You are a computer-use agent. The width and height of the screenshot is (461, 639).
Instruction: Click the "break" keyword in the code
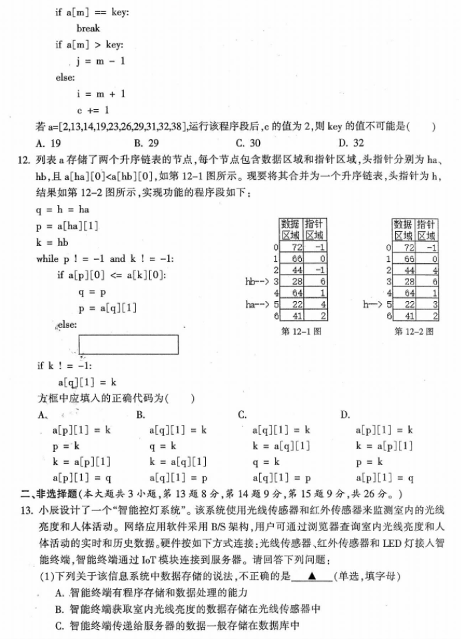88,29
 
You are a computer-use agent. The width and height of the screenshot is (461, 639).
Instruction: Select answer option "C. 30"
248,142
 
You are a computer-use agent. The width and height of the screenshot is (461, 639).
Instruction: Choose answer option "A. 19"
49,142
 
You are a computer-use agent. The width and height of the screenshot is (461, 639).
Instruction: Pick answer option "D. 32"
351,142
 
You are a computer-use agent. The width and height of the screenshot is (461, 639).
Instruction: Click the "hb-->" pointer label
256,282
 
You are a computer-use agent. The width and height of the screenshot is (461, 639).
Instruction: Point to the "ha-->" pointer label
256,304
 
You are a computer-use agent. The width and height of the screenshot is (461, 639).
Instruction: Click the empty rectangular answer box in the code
129,344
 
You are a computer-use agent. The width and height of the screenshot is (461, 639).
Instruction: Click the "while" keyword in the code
48,259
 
